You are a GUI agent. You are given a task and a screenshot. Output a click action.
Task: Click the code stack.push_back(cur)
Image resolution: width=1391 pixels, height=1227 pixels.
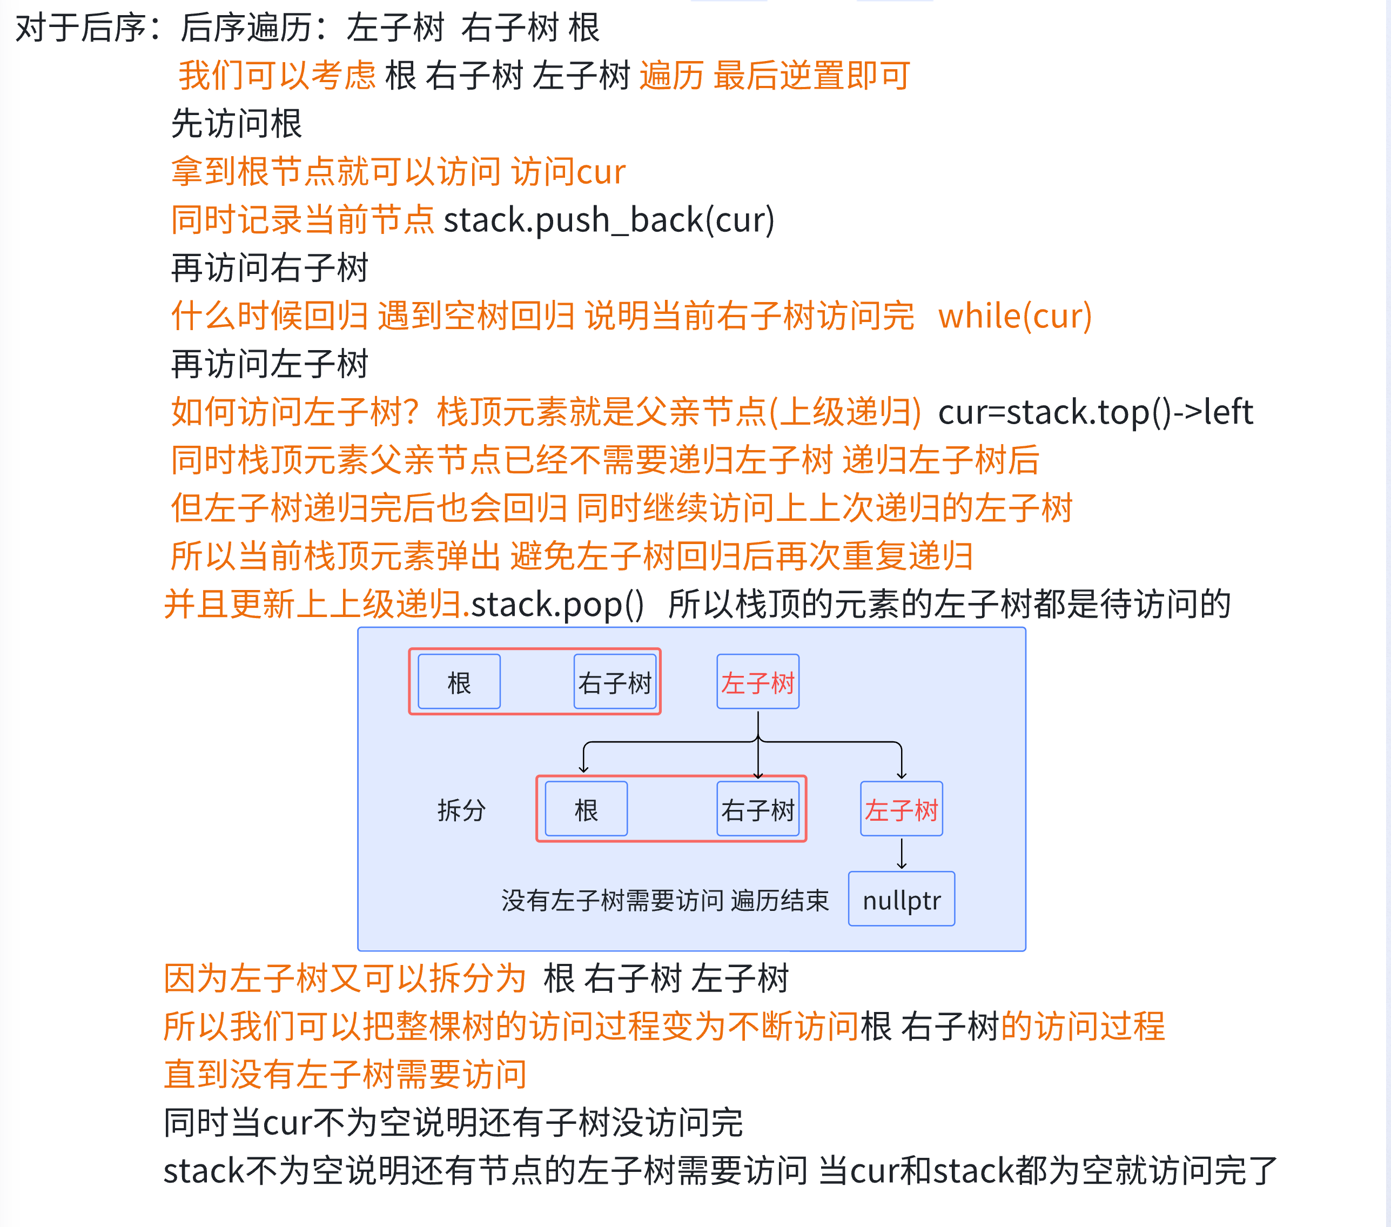[x=609, y=220]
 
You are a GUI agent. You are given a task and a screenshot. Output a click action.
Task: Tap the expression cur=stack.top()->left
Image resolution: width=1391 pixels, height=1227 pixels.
[x=1095, y=412]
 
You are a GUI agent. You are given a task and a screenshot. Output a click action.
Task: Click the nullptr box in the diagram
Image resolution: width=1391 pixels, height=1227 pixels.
[x=901, y=900]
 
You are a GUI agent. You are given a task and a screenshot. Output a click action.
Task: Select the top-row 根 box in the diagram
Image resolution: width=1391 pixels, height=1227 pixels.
[x=459, y=682]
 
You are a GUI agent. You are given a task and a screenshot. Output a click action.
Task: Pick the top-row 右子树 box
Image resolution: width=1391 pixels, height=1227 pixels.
[x=615, y=682]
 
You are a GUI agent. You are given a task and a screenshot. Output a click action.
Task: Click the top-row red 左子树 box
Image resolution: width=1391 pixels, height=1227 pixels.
[x=757, y=682]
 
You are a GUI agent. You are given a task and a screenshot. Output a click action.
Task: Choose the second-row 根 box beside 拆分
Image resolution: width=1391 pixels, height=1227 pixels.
[x=586, y=810]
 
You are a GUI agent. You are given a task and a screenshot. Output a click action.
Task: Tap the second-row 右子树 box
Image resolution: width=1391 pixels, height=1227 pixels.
[x=757, y=810]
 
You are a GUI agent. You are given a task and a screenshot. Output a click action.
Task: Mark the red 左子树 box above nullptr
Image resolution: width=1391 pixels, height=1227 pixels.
[x=901, y=810]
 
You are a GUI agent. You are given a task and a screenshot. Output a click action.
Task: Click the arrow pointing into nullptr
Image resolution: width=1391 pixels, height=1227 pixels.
[x=902, y=855]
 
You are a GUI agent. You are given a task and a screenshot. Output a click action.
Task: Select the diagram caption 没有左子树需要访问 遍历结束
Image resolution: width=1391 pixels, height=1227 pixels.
[x=665, y=900]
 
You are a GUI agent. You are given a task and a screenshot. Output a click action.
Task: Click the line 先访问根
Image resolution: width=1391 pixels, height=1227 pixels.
[x=236, y=124]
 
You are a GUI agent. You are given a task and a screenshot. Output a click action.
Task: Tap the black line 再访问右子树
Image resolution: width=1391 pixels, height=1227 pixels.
[x=270, y=268]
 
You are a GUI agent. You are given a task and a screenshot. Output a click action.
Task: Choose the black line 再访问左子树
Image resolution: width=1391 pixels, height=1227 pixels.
[x=270, y=364]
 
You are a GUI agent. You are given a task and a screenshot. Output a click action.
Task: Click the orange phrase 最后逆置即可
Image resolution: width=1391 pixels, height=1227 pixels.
[x=811, y=76]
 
